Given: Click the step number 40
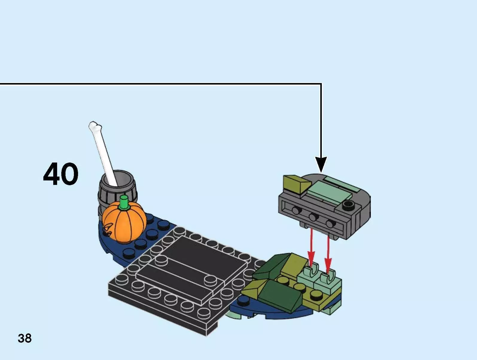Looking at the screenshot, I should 61,174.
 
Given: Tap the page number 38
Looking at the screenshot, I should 25,338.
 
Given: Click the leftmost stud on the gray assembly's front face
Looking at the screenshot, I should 296,210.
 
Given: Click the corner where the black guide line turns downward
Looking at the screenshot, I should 321,84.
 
